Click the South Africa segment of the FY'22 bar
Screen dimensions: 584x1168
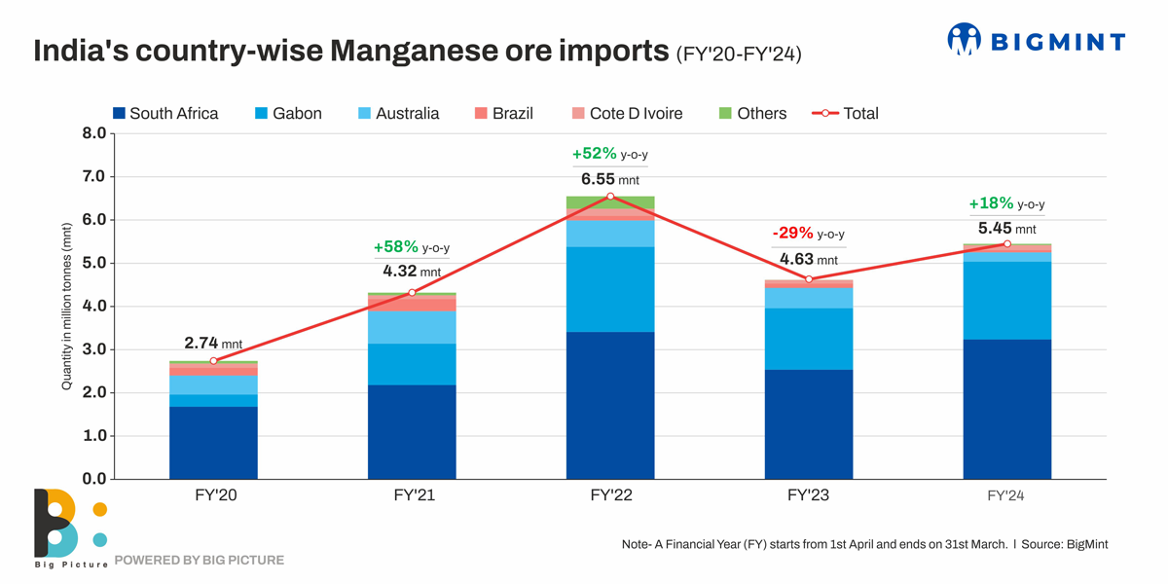click(x=610, y=405)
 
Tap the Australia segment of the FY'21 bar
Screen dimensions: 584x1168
click(x=412, y=327)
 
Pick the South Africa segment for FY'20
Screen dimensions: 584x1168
click(x=213, y=442)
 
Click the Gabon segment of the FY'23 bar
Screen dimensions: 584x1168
click(x=809, y=339)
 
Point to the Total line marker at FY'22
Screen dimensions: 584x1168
click(x=610, y=197)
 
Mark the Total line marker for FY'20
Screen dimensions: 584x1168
click(x=213, y=361)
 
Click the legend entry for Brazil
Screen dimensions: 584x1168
click(x=503, y=114)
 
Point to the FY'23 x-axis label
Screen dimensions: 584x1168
click(x=809, y=495)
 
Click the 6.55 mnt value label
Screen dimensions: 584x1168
click(x=610, y=179)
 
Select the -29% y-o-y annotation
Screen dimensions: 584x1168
click(x=808, y=234)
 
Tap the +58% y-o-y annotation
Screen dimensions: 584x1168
click(x=411, y=248)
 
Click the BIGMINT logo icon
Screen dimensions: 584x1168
click(x=964, y=40)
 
